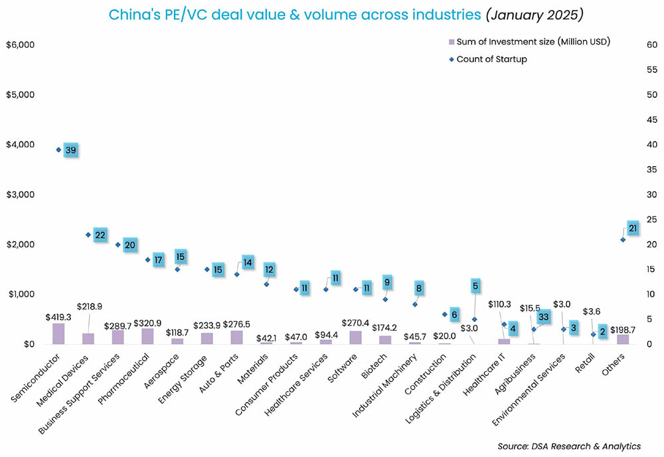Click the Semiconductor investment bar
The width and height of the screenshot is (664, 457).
click(x=58, y=333)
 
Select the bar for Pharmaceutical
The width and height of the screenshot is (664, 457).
click(x=147, y=336)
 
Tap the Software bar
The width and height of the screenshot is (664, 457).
click(x=356, y=337)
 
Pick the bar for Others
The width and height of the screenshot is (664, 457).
click(x=623, y=339)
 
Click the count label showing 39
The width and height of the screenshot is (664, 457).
click(x=71, y=151)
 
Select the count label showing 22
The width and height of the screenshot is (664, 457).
click(x=100, y=235)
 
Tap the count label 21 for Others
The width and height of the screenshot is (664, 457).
click(x=633, y=228)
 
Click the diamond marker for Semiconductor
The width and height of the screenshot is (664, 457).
click(x=58, y=149)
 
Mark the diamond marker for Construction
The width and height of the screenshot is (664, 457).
click(x=445, y=314)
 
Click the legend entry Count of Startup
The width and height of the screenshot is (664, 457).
click(x=491, y=59)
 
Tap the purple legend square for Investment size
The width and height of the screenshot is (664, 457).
click(x=452, y=43)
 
